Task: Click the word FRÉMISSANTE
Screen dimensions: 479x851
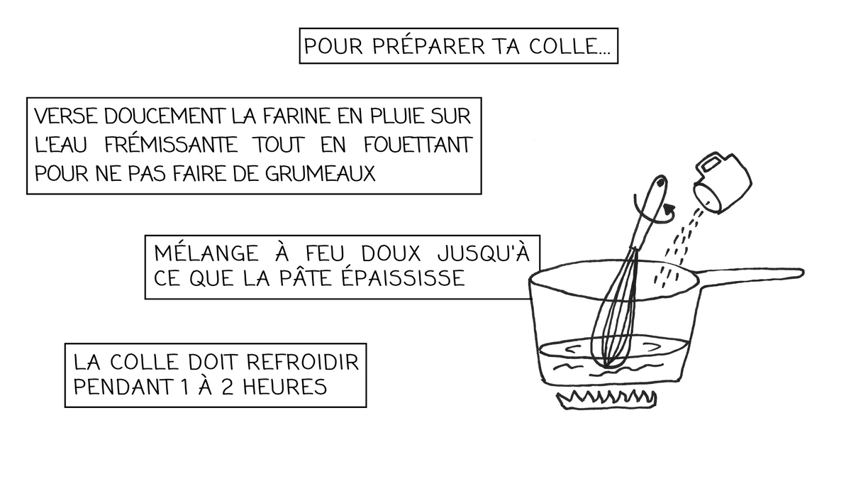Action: click(169, 145)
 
